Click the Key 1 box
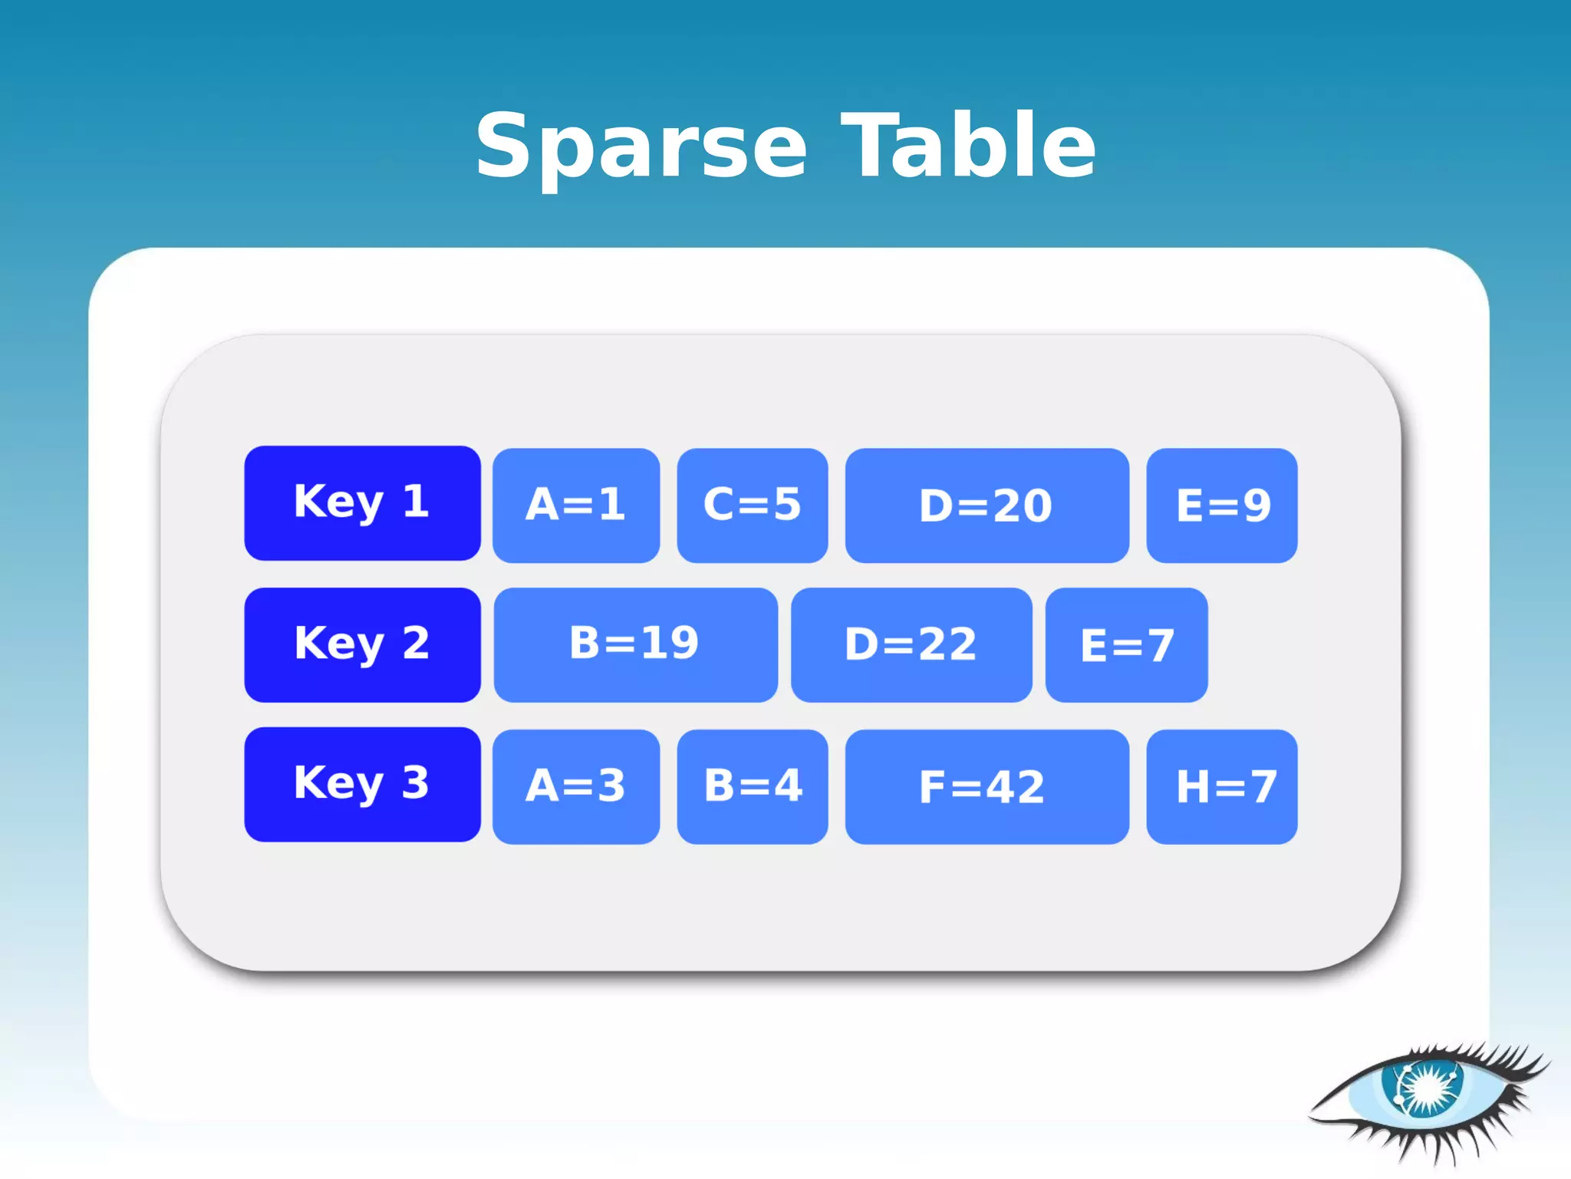pyautogui.click(x=362, y=503)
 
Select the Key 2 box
pyautogui.click(x=362, y=644)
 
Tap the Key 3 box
pyautogui.click(x=362, y=784)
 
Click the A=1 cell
pyautogui.click(x=575, y=505)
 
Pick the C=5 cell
pyautogui.click(x=752, y=505)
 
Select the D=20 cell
pyautogui.click(x=986, y=505)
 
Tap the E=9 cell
pyautogui.click(x=1221, y=505)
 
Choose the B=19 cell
pyautogui.click(x=635, y=644)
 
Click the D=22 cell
pyautogui.click(x=911, y=644)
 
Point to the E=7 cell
pyautogui.click(x=1126, y=644)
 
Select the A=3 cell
pyautogui.click(x=575, y=786)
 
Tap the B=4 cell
pyautogui.click(x=752, y=786)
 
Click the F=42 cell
pyautogui.click(x=986, y=786)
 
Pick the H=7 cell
pyautogui.click(x=1221, y=786)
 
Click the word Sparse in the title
pyautogui.click(x=641, y=146)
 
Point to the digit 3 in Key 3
pyautogui.click(x=415, y=782)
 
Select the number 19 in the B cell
pyautogui.click(x=670, y=643)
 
